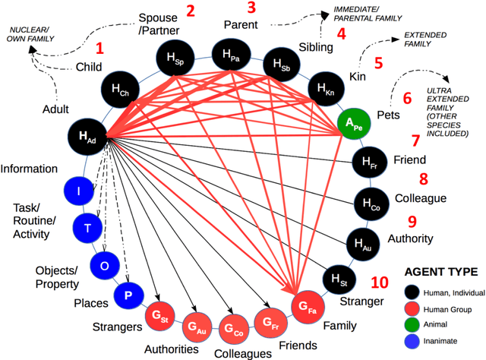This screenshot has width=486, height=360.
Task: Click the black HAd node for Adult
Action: (89, 137)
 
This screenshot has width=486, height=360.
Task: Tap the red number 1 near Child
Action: (99, 49)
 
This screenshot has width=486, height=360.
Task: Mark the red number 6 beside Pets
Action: (407, 99)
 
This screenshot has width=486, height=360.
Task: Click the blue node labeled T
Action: (86, 227)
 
